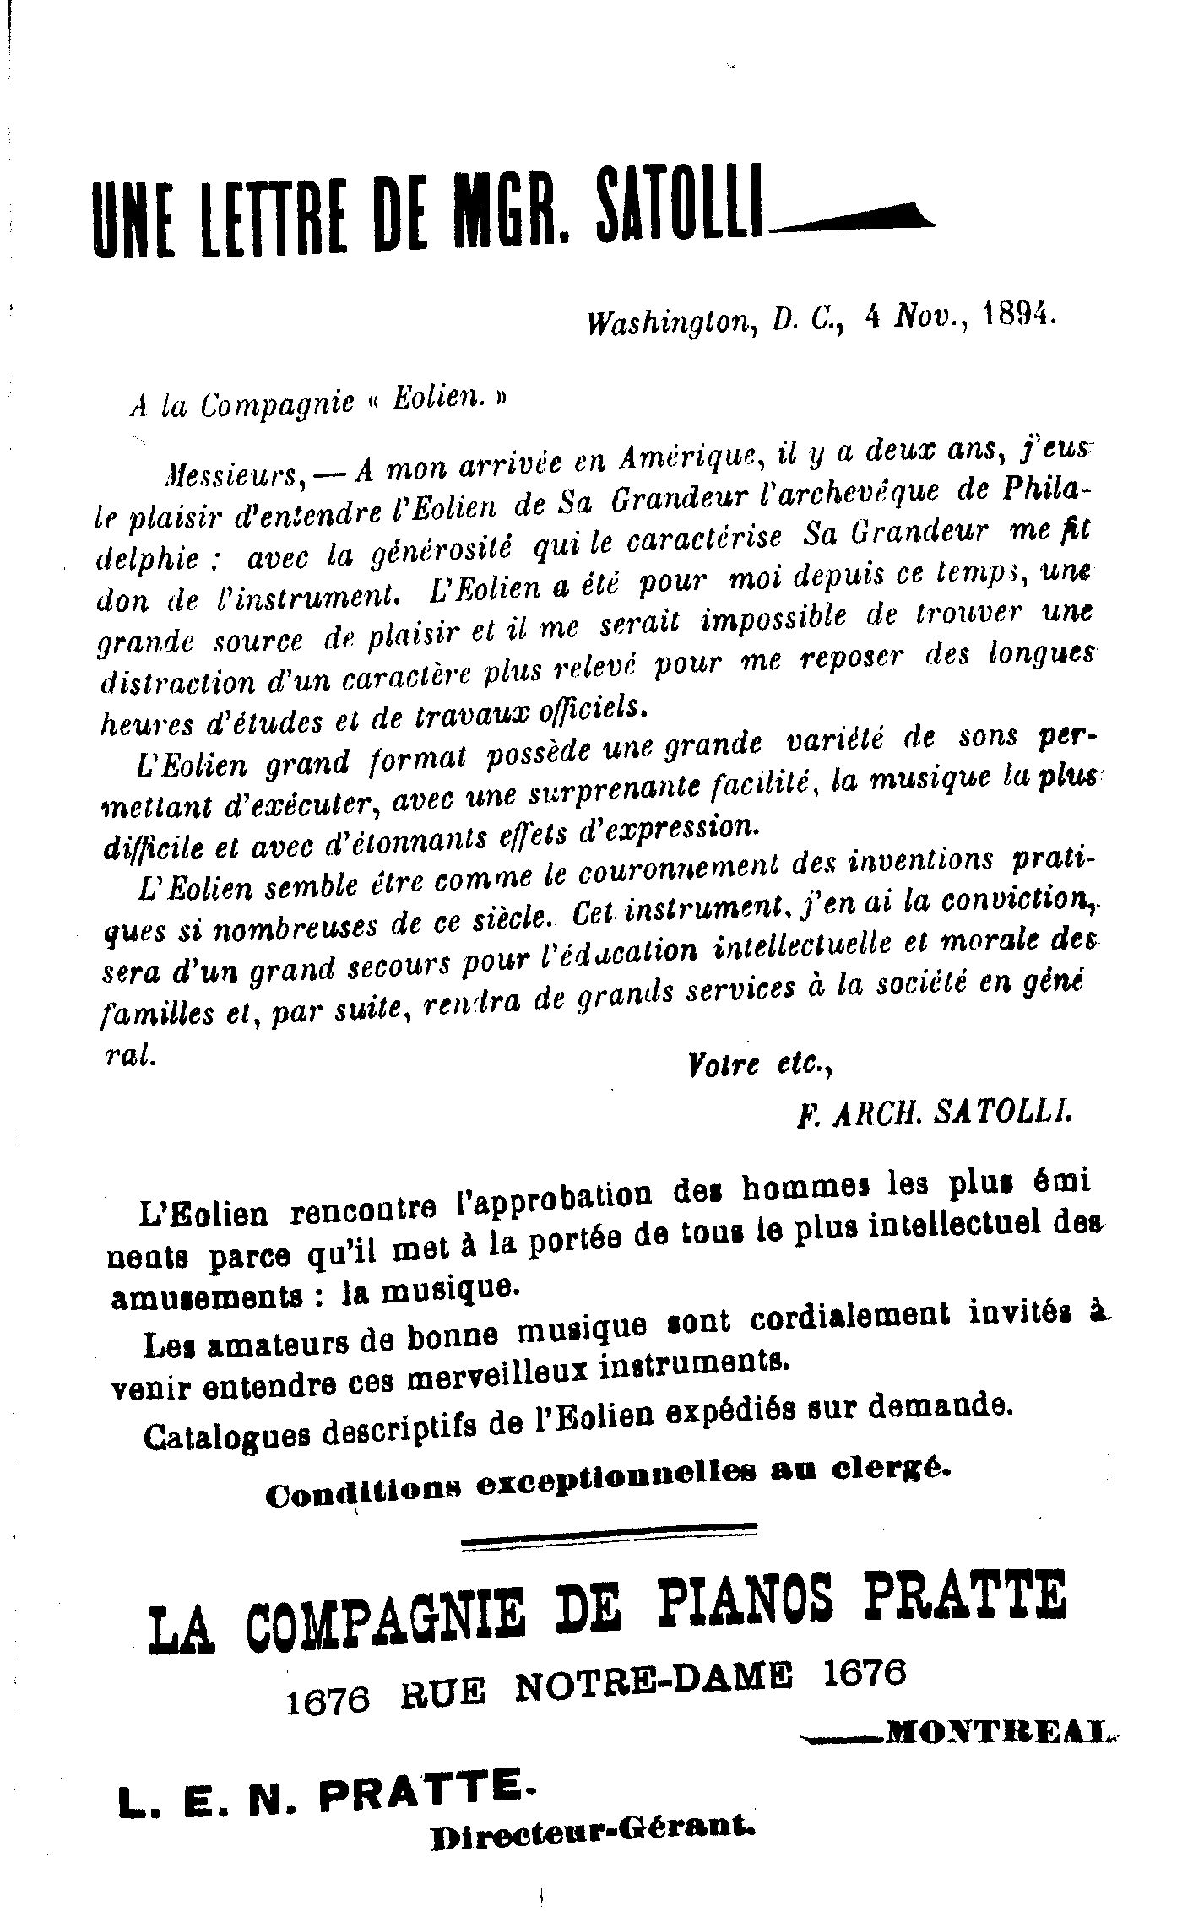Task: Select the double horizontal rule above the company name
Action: [x=608, y=1535]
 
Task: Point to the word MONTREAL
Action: [x=996, y=1732]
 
